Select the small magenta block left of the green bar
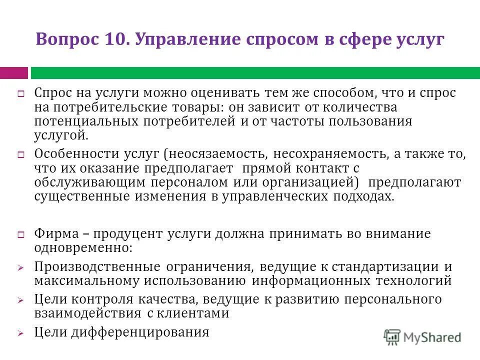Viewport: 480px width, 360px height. pos(13,73)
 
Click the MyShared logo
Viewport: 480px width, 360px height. pos(422,337)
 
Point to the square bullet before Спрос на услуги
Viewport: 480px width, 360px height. pos(21,94)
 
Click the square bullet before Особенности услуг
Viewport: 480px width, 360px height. pos(21,155)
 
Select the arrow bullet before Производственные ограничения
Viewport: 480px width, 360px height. pos(21,268)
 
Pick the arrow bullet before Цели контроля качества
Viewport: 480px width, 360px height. pos(21,301)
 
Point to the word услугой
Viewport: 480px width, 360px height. pos(61,135)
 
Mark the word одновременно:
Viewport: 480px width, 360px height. pos(83,247)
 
